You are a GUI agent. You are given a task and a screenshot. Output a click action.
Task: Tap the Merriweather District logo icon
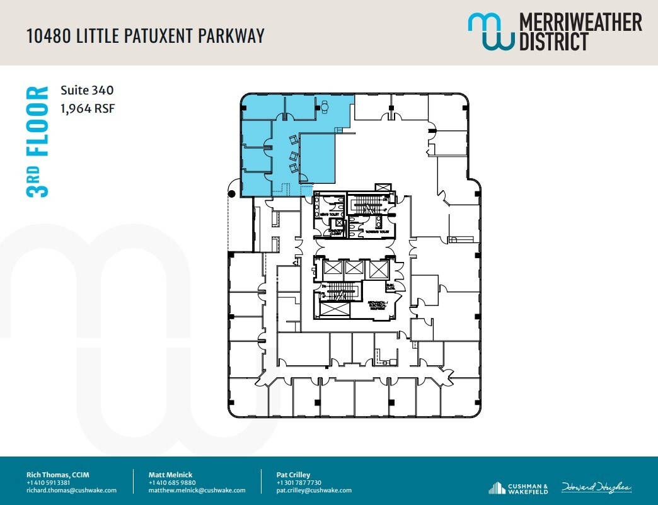490,31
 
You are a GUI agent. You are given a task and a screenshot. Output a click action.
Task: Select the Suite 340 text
87,91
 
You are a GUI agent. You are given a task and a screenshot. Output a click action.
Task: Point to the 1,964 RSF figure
88,108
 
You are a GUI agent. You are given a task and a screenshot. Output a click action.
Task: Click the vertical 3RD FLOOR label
38,142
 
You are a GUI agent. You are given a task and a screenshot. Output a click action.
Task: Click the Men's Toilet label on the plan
333,215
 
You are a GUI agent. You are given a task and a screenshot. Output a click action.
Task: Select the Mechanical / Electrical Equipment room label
378,305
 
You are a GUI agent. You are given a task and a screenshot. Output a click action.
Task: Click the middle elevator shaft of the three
354,269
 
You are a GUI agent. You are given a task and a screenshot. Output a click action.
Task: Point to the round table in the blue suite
325,108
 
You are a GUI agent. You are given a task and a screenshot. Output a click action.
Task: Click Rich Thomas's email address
71,490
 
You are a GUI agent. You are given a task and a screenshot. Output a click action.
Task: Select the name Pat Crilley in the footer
293,474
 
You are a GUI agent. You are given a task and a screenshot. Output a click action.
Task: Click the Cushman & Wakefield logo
518,487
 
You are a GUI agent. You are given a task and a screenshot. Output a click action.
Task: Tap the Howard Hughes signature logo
596,487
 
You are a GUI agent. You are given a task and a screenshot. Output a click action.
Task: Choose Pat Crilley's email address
314,490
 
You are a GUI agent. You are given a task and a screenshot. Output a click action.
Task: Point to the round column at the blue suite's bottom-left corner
232,194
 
